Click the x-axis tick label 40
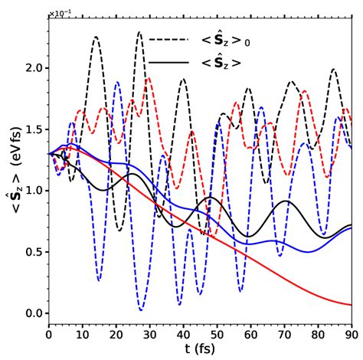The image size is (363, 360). point(183,334)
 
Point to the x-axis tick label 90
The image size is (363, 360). point(352,334)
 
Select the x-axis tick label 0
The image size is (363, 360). point(49,334)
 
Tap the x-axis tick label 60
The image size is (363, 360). point(250,334)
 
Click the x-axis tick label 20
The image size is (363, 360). point(116,334)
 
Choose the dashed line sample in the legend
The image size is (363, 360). point(169,39)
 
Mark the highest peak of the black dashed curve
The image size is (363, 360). point(139,32)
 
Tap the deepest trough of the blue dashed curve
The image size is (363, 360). point(142,309)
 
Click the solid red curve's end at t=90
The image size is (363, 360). point(351,304)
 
